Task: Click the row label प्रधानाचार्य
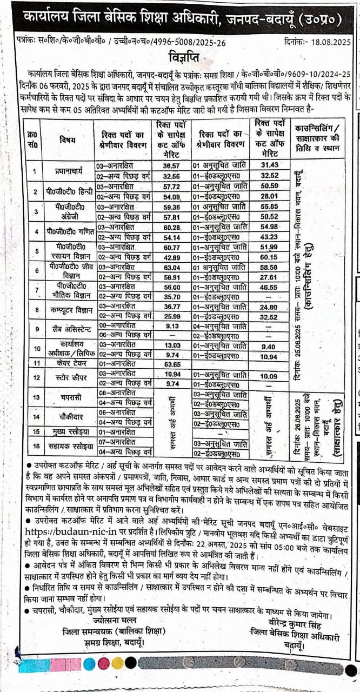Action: click(x=68, y=171)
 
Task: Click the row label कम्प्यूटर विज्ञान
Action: click(x=68, y=310)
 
